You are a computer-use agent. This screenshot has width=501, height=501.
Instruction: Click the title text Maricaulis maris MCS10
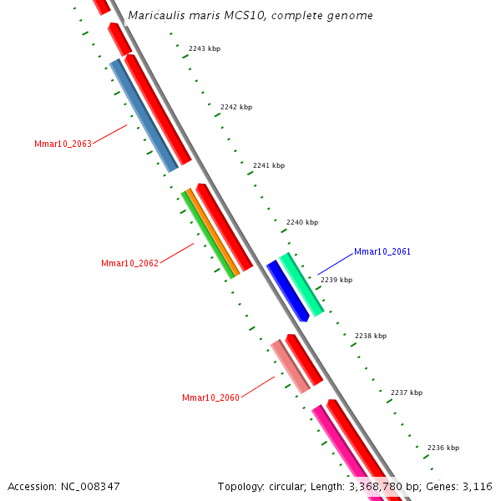pyautogui.click(x=250, y=16)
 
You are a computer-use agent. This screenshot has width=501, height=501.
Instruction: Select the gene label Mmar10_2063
pyautogui.click(x=63, y=144)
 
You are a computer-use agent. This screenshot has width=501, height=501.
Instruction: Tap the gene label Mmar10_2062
pyautogui.click(x=129, y=263)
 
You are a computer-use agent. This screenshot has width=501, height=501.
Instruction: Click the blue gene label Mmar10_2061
pyautogui.click(x=382, y=251)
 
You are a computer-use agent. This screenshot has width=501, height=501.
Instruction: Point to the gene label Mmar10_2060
pyautogui.click(x=210, y=397)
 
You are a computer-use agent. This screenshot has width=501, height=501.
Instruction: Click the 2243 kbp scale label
pyautogui.click(x=205, y=48)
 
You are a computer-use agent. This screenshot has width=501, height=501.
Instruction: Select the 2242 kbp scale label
pyautogui.click(x=236, y=107)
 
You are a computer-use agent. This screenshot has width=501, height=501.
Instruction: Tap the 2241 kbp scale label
pyautogui.click(x=269, y=165)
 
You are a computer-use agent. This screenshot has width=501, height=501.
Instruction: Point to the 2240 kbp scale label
pyautogui.click(x=302, y=223)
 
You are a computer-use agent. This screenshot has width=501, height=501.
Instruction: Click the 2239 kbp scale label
pyautogui.click(x=337, y=280)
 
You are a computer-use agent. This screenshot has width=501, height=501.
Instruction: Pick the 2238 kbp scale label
pyautogui.click(x=371, y=336)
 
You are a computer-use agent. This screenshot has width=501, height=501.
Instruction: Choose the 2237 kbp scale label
pyautogui.click(x=407, y=392)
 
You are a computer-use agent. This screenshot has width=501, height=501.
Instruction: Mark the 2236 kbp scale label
pyautogui.click(x=443, y=448)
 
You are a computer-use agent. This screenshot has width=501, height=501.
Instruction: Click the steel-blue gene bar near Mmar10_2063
pyautogui.click(x=144, y=115)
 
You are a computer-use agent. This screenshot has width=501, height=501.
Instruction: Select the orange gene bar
pyautogui.click(x=213, y=232)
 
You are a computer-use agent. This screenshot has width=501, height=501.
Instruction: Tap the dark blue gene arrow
pyautogui.click(x=287, y=291)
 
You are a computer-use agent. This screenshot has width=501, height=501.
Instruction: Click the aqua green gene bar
pyautogui.click(x=301, y=285)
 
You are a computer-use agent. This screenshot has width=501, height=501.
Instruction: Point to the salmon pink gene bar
pyautogui.click(x=290, y=366)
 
